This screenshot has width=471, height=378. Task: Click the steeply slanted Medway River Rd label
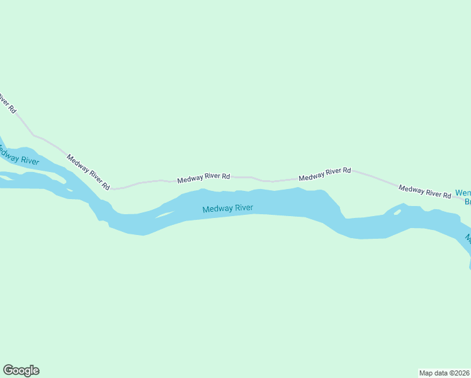pos(89,173)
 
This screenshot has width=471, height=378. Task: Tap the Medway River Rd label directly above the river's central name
pos(203,179)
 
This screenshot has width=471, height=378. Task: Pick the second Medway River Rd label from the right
pos(325,174)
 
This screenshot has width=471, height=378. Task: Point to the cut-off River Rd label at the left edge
pos(6,102)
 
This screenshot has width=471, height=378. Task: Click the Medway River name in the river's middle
pos(227,209)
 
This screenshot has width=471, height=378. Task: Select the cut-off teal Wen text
pos(463,193)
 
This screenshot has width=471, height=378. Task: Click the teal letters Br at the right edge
pos(467,202)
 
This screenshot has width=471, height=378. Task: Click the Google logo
pos(21,370)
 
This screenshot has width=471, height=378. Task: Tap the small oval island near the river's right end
pos(397,212)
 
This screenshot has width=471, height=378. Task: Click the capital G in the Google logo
pos(8,370)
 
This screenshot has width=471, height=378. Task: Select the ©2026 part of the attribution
pos(460,373)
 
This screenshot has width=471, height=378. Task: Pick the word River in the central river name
pos(242,208)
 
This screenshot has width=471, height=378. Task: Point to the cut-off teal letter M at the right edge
pos(468,238)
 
